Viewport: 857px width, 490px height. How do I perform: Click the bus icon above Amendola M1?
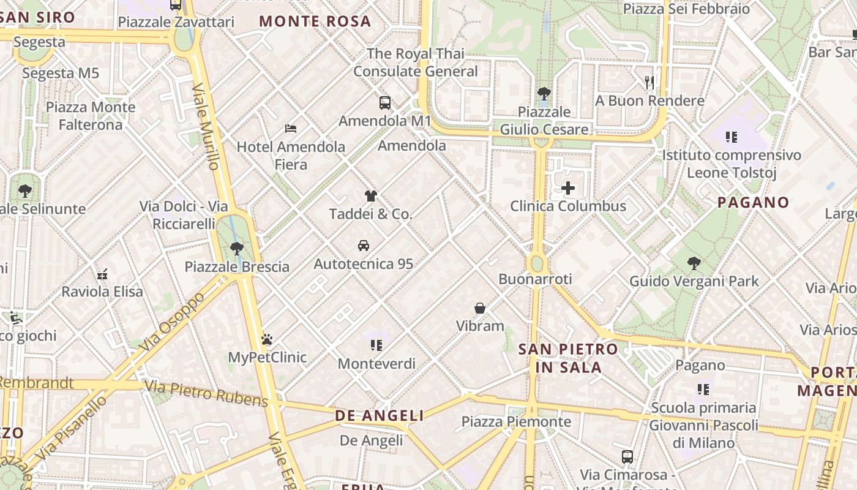coord(384,102)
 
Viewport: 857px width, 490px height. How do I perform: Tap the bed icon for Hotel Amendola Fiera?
coord(291,129)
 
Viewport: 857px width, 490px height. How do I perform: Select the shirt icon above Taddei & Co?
coord(370,196)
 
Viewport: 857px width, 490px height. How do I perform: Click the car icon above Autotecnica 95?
coord(364,246)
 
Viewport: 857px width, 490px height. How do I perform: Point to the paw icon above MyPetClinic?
coord(267,339)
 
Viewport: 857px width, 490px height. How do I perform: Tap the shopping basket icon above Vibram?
coord(480,307)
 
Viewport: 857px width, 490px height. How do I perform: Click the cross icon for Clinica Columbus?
coord(568,188)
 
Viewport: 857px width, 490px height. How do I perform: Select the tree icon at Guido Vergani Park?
coord(694,263)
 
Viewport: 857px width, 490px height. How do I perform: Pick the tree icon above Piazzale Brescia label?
coord(237,249)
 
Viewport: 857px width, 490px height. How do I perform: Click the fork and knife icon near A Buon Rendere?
coord(650,82)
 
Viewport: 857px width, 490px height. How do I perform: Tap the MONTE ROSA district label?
coord(315,21)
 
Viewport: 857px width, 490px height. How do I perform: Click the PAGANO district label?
coord(753,202)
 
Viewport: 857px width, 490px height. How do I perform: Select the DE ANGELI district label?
coord(380,416)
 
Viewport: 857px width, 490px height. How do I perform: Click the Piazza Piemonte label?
coord(516,421)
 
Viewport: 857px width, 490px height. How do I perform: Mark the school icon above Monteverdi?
coord(376,345)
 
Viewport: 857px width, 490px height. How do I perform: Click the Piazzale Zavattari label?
coord(176,22)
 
